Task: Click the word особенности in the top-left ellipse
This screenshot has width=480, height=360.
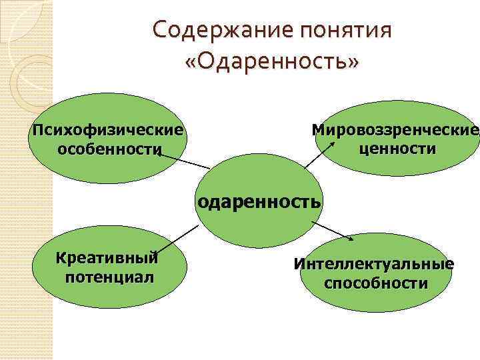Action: pyautogui.click(x=109, y=148)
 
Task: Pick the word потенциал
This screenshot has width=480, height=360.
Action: pyautogui.click(x=109, y=276)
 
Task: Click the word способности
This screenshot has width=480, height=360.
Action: pyautogui.click(x=376, y=283)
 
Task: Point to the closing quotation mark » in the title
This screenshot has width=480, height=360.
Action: pyautogui.click(x=353, y=63)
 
